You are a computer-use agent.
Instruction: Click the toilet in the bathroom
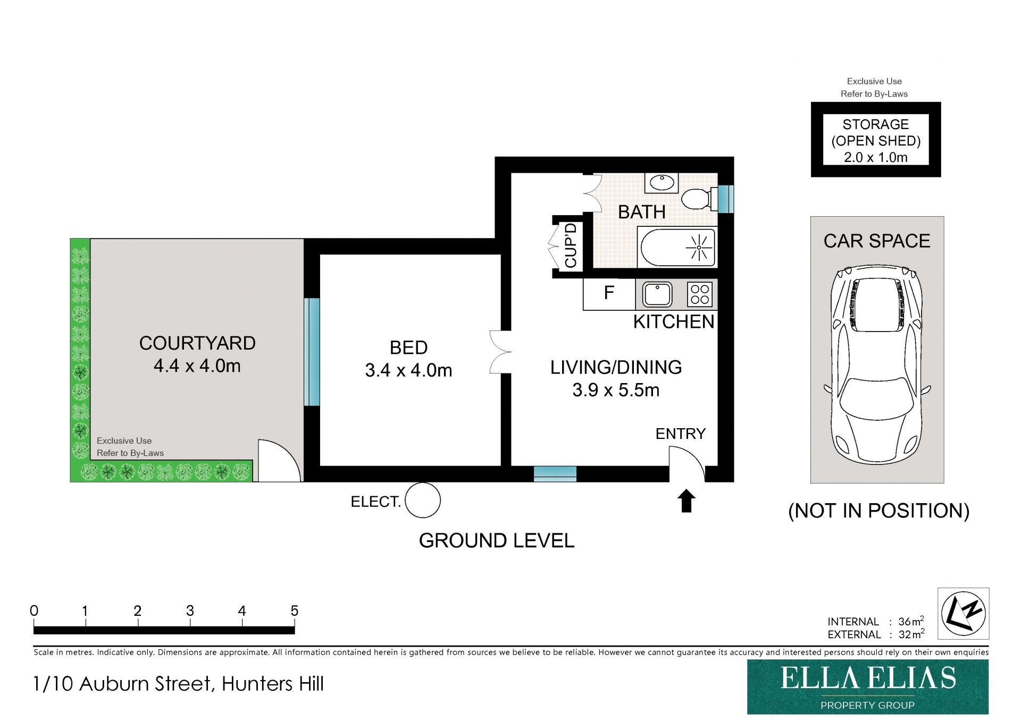click(697, 199)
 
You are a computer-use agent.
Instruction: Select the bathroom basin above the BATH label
click(662, 182)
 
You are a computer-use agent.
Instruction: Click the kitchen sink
click(657, 294)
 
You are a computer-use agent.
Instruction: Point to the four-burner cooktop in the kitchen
click(700, 294)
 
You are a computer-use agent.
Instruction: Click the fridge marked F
click(609, 294)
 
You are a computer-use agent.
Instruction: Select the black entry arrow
click(686, 501)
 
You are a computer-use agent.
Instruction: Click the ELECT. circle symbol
click(423, 500)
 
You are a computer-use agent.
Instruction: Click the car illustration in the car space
click(877, 364)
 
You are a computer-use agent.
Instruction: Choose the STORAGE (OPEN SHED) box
click(876, 140)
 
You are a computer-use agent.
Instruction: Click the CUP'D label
click(571, 245)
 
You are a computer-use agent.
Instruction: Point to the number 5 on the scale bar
click(294, 611)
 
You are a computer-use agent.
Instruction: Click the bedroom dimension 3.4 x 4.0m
click(408, 370)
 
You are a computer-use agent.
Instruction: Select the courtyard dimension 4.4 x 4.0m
click(197, 366)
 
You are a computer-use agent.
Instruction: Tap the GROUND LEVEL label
click(497, 541)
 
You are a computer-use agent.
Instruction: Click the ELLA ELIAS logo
click(868, 687)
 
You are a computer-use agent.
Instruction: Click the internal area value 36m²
click(911, 621)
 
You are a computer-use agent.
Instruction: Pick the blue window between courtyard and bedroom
click(312, 352)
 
